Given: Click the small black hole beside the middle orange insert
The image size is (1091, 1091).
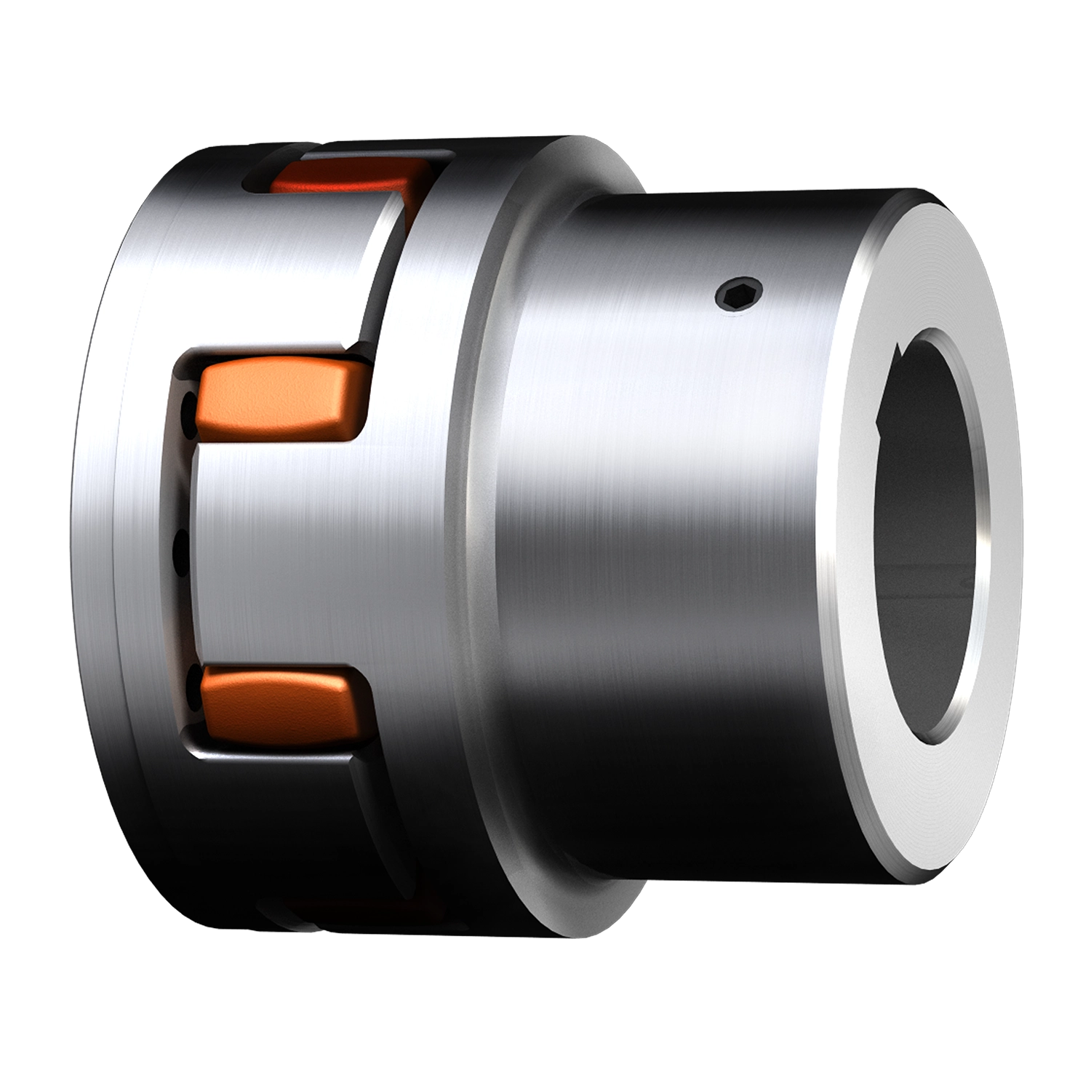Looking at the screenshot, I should click(191, 407).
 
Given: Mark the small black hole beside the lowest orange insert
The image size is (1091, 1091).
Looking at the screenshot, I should click(192, 691).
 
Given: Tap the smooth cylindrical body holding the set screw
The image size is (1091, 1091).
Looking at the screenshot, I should click(655, 509).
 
